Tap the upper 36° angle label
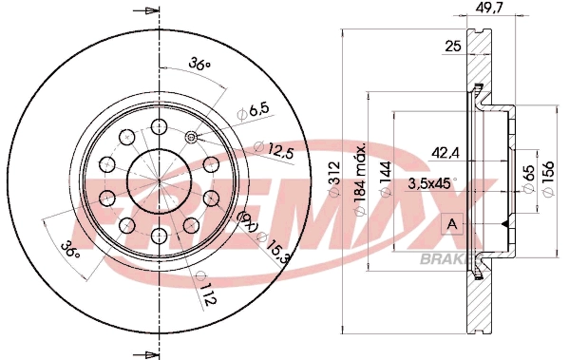click(198, 64)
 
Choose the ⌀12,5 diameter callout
click(273, 148)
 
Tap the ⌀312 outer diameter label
click(332, 177)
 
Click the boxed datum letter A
click(452, 224)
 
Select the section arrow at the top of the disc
click(144, 11)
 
